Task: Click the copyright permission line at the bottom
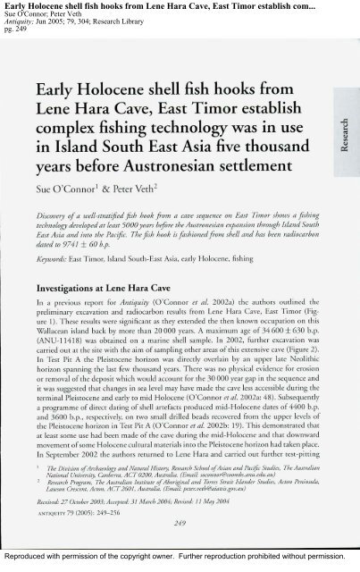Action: click(180, 564)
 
